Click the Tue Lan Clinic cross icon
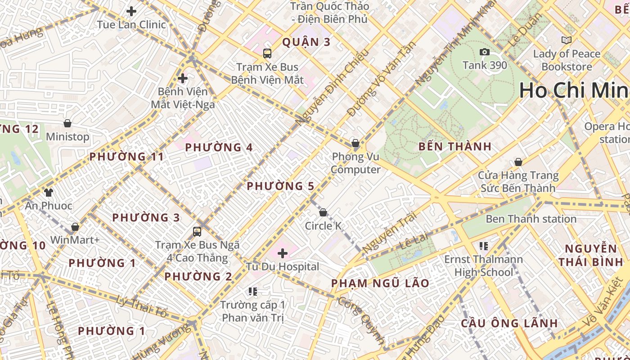click(x=131, y=11)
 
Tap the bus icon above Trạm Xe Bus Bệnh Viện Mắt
click(x=267, y=54)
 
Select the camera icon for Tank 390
click(x=485, y=52)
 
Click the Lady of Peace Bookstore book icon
click(x=567, y=40)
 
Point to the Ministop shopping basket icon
click(x=67, y=123)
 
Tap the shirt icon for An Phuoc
click(x=49, y=192)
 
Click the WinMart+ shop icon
click(x=75, y=226)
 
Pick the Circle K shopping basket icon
click(x=323, y=212)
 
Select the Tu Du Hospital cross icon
click(x=283, y=253)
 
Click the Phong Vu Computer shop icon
click(x=355, y=143)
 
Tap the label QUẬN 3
click(x=306, y=42)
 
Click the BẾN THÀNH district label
click(x=455, y=146)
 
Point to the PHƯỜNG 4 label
click(x=219, y=147)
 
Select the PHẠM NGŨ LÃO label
click(x=380, y=283)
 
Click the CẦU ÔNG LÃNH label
click(x=509, y=323)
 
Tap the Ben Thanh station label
click(x=531, y=219)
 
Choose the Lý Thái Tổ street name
click(x=141, y=306)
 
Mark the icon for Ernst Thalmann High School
click(x=484, y=246)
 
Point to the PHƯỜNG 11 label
click(x=126, y=157)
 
